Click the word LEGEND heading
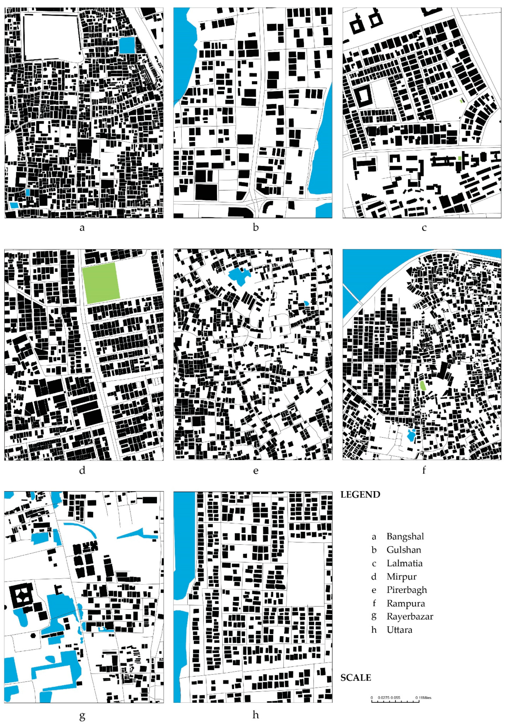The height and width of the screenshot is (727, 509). pyautogui.click(x=360, y=495)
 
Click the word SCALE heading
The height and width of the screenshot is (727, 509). pyautogui.click(x=356, y=678)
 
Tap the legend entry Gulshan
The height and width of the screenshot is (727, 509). pyautogui.click(x=404, y=550)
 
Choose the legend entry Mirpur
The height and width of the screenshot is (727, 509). pyautogui.click(x=401, y=577)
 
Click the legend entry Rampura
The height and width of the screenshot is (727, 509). pyautogui.click(x=406, y=603)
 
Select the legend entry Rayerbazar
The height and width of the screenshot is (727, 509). pyautogui.click(x=410, y=616)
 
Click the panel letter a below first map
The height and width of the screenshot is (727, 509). pyautogui.click(x=82, y=227)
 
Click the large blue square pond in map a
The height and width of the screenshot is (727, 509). pyautogui.click(x=127, y=45)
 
